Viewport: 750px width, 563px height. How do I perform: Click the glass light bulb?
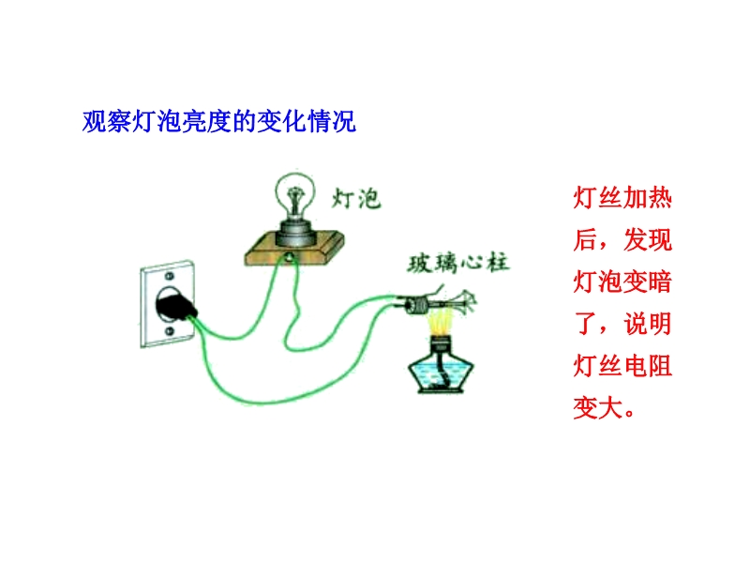click(295, 196)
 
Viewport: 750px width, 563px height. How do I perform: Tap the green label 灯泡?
click(356, 198)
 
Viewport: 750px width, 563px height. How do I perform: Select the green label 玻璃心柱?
click(458, 263)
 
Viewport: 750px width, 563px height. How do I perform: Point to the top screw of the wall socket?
click(169, 276)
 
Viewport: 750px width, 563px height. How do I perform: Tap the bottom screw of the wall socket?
click(170, 331)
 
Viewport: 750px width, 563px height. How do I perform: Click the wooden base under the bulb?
click(294, 249)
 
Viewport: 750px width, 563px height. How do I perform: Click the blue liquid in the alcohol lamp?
click(441, 372)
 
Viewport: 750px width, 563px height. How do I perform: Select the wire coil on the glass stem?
click(417, 305)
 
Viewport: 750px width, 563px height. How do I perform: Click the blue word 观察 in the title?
click(107, 121)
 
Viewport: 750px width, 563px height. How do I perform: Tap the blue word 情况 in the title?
click(332, 121)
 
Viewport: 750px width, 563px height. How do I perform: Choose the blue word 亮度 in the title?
click(207, 121)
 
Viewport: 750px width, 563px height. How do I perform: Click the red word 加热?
click(648, 198)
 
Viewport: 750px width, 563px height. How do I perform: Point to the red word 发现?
click(648, 240)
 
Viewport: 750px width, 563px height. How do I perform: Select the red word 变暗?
click(648, 281)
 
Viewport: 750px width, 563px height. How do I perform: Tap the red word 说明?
click(648, 324)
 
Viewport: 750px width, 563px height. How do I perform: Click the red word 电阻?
click(648, 366)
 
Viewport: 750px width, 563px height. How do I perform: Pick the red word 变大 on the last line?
click(598, 408)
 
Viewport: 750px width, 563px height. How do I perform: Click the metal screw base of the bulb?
click(295, 232)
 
